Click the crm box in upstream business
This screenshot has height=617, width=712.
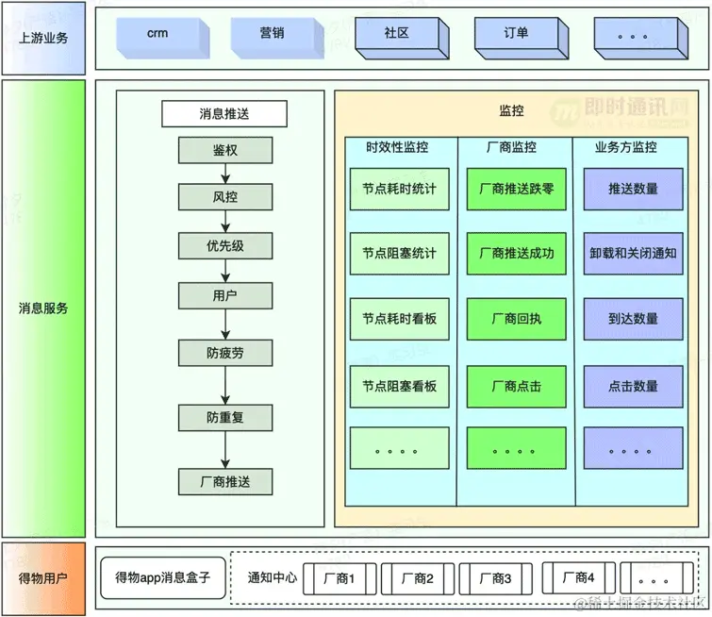pyautogui.click(x=157, y=35)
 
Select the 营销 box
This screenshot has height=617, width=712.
pyautogui.click(x=272, y=35)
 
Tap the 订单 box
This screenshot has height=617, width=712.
pyautogui.click(x=515, y=35)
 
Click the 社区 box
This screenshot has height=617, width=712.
pyautogui.click(x=396, y=35)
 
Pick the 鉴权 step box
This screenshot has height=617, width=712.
pyautogui.click(x=225, y=150)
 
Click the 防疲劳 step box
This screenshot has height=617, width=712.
pyautogui.click(x=225, y=354)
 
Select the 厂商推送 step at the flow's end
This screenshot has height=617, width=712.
pyautogui.click(x=225, y=482)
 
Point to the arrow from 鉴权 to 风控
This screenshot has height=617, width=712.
pyautogui.click(x=225, y=174)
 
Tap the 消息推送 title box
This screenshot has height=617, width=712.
pyautogui.click(x=224, y=114)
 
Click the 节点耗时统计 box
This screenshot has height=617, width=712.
pyautogui.click(x=399, y=189)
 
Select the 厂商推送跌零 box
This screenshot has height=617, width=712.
pyautogui.click(x=516, y=189)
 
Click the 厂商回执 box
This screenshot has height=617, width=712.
pyautogui.click(x=516, y=319)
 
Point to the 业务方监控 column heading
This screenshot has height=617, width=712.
pyautogui.click(x=626, y=147)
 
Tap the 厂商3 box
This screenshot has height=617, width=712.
pyautogui.click(x=495, y=578)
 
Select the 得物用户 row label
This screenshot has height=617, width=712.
pyautogui.click(x=43, y=577)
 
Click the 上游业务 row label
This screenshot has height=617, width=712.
pyautogui.click(x=43, y=38)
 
